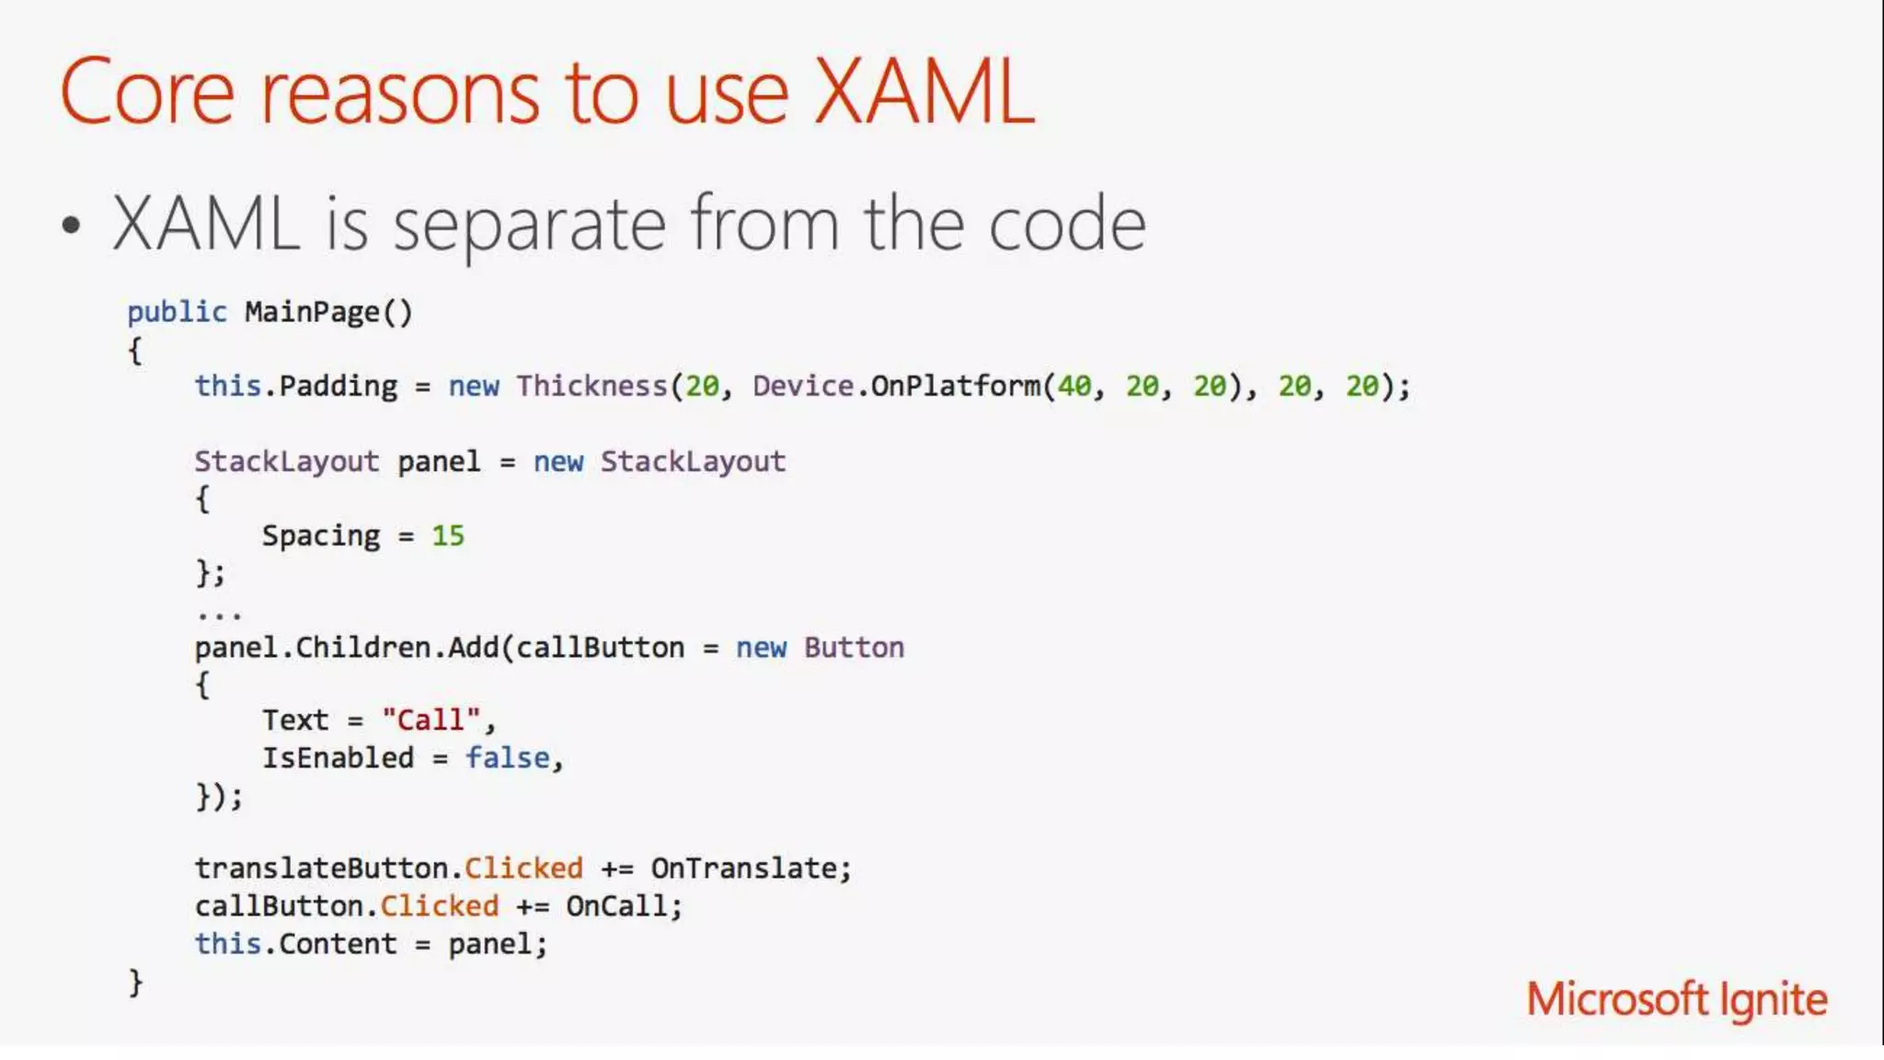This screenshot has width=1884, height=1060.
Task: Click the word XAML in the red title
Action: (924, 91)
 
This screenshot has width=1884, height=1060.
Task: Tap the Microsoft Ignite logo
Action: (1676, 999)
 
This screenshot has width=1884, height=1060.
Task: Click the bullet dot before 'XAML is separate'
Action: (72, 225)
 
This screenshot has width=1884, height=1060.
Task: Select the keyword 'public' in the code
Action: (177, 313)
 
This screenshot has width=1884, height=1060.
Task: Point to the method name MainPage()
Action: (328, 313)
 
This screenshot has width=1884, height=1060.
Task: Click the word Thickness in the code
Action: (592, 386)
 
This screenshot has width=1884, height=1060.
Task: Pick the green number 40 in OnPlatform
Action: (1074, 386)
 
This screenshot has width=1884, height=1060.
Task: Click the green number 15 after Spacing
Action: (448, 536)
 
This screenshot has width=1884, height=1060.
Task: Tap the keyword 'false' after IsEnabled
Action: (507, 758)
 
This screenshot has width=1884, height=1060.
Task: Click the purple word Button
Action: (854, 648)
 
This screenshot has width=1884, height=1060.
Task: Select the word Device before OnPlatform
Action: (802, 386)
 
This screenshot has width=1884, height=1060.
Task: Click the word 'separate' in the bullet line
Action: (529, 225)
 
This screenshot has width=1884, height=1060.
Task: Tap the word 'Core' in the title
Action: (147, 91)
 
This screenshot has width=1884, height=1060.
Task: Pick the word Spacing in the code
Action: (321, 536)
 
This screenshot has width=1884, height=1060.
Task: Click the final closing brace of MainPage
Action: (135, 983)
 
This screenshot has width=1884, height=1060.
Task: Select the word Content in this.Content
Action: (338, 944)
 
